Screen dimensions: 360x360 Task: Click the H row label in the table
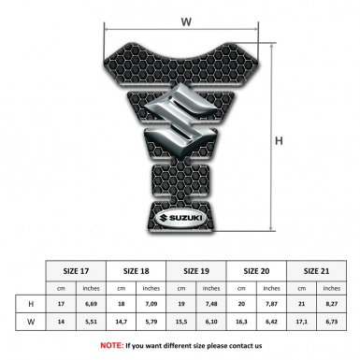[x=31, y=304]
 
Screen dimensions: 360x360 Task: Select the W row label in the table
[x=31, y=322]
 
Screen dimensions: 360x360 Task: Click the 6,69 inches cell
[x=91, y=304]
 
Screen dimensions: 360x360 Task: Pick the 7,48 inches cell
[x=212, y=304]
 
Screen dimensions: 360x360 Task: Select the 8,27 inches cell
[x=332, y=304]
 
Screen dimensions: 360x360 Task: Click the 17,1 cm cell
[x=301, y=322]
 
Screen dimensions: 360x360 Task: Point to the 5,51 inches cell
[x=91, y=322]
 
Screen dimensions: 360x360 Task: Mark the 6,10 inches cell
[x=212, y=322]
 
